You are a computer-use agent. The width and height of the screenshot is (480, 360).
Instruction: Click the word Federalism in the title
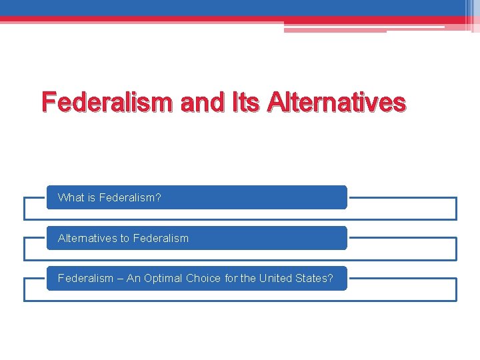(107, 102)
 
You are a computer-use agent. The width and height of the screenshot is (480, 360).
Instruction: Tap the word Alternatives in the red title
(335, 102)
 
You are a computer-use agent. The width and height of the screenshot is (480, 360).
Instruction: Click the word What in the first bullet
(71, 198)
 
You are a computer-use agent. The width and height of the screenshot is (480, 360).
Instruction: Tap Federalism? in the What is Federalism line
(130, 198)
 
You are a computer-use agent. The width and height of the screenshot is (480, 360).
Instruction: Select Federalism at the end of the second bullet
(161, 238)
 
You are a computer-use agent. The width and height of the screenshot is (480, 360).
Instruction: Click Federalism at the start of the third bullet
(85, 278)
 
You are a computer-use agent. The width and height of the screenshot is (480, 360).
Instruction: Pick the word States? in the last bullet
(314, 278)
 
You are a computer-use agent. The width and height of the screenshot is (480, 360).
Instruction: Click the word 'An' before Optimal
(133, 278)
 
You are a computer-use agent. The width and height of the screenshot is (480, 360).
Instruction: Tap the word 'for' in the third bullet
(231, 278)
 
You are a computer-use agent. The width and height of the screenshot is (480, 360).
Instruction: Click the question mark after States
(330, 278)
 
